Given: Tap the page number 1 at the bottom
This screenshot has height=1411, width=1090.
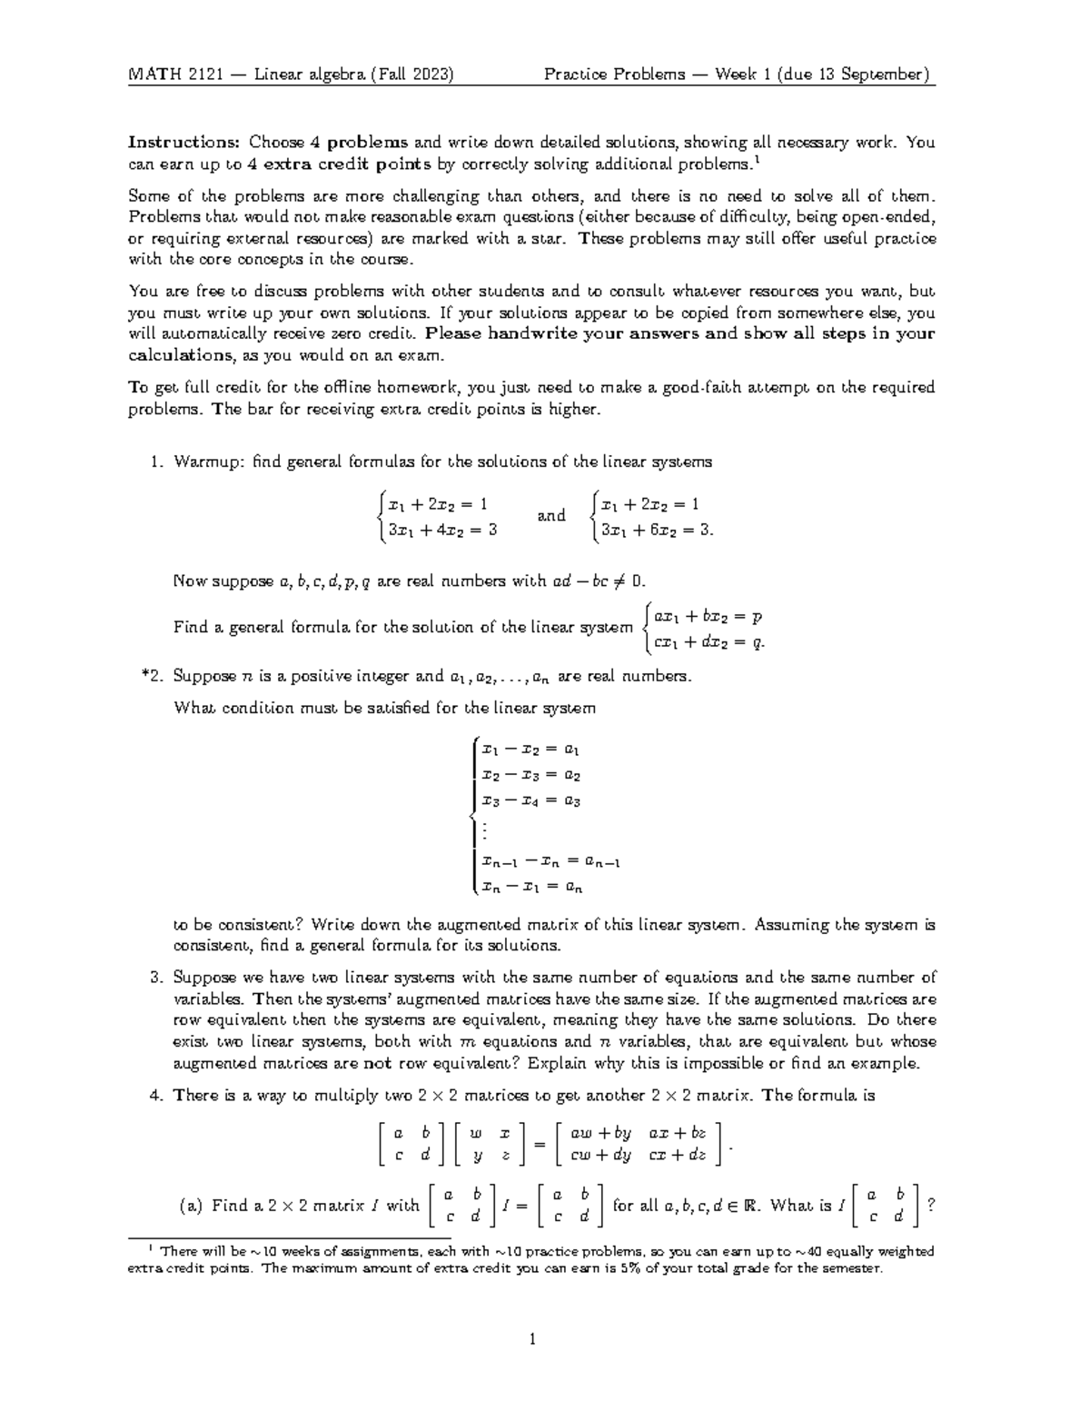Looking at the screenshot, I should coord(534,1339).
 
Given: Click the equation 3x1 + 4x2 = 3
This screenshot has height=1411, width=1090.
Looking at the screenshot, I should coord(442,530).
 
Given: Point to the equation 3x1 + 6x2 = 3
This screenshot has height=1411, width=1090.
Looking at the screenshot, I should coord(652,531).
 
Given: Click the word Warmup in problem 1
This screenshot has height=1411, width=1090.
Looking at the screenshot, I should coord(209,462).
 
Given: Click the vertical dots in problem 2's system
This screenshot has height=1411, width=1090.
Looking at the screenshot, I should coord(485,830).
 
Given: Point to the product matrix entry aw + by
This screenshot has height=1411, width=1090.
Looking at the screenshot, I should coord(599,1134).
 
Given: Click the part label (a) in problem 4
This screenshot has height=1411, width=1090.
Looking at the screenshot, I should coord(192,1207).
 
